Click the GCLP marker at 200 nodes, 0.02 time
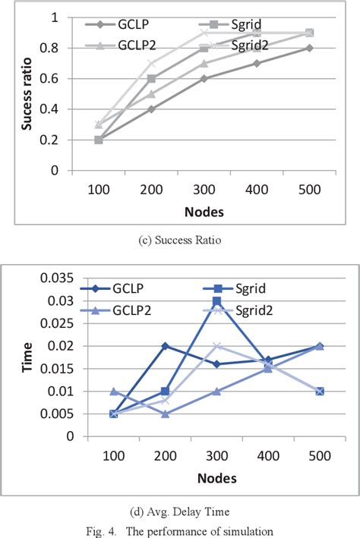click(165, 346)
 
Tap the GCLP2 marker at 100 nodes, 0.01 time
click(113, 392)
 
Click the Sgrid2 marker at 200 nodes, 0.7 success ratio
click(151, 63)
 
